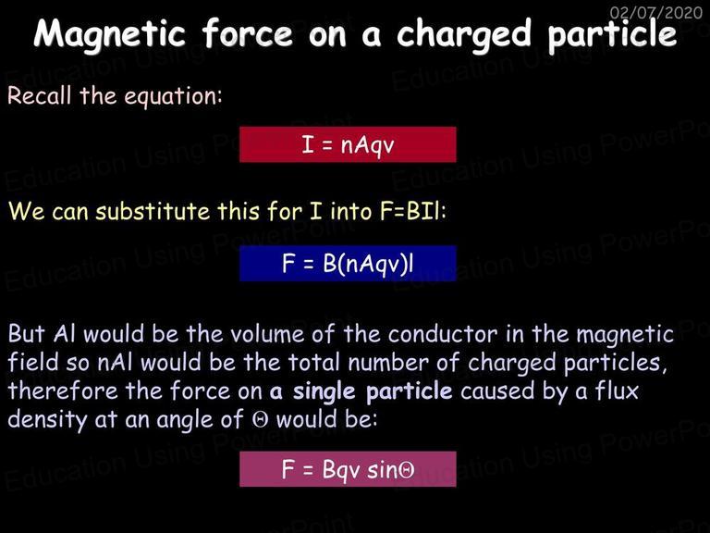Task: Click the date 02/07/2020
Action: pos(656,12)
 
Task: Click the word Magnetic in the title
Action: pos(110,34)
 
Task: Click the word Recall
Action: pos(40,95)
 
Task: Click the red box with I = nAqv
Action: pos(348,144)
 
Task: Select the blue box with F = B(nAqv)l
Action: pos(348,264)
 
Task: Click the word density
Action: pos(47,420)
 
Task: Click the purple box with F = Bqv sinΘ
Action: pos(348,469)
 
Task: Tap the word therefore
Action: pos(63,390)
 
